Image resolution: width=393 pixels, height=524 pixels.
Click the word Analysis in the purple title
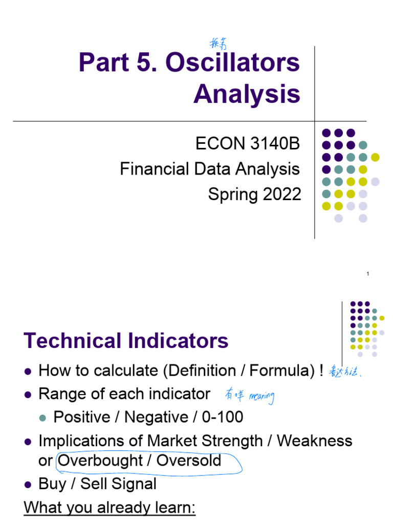tap(247, 95)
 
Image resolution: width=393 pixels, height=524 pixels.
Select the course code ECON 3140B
tap(248, 144)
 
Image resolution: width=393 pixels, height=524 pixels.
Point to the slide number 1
tap(367, 275)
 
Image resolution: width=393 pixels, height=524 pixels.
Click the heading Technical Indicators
tap(126, 341)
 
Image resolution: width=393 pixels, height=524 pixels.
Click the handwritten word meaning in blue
tap(261, 396)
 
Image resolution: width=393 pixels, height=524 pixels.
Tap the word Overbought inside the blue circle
tap(100, 461)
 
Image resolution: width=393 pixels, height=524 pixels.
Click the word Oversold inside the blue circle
tap(189, 461)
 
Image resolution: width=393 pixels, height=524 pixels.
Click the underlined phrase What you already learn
tap(110, 509)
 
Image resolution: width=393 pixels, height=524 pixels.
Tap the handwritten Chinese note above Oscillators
tap(218, 43)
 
